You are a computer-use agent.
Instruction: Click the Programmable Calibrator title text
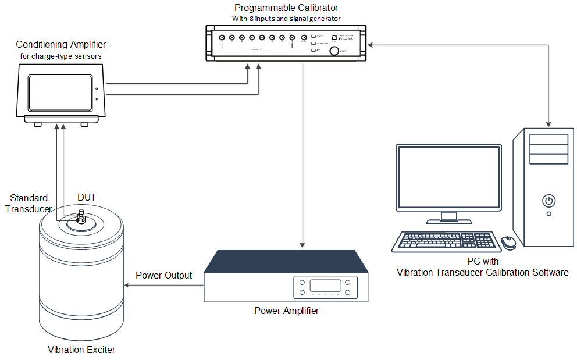click(287, 8)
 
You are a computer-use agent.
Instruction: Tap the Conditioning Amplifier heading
click(61, 45)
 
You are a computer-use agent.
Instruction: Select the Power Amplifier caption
click(286, 311)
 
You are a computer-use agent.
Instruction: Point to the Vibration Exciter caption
click(81, 350)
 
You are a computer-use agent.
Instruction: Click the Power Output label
click(163, 275)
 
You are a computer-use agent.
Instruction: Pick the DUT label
click(87, 198)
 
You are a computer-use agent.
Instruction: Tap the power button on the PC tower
click(548, 201)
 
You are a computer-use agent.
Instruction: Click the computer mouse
click(508, 242)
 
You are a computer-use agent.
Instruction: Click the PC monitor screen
click(448, 177)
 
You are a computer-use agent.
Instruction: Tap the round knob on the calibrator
click(334, 52)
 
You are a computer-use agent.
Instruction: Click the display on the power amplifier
click(325, 286)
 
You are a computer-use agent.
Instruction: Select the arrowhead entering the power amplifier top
click(302, 244)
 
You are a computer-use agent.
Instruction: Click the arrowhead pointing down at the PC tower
click(548, 124)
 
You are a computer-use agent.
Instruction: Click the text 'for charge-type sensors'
click(61, 56)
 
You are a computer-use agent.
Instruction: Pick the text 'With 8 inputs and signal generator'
click(286, 19)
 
